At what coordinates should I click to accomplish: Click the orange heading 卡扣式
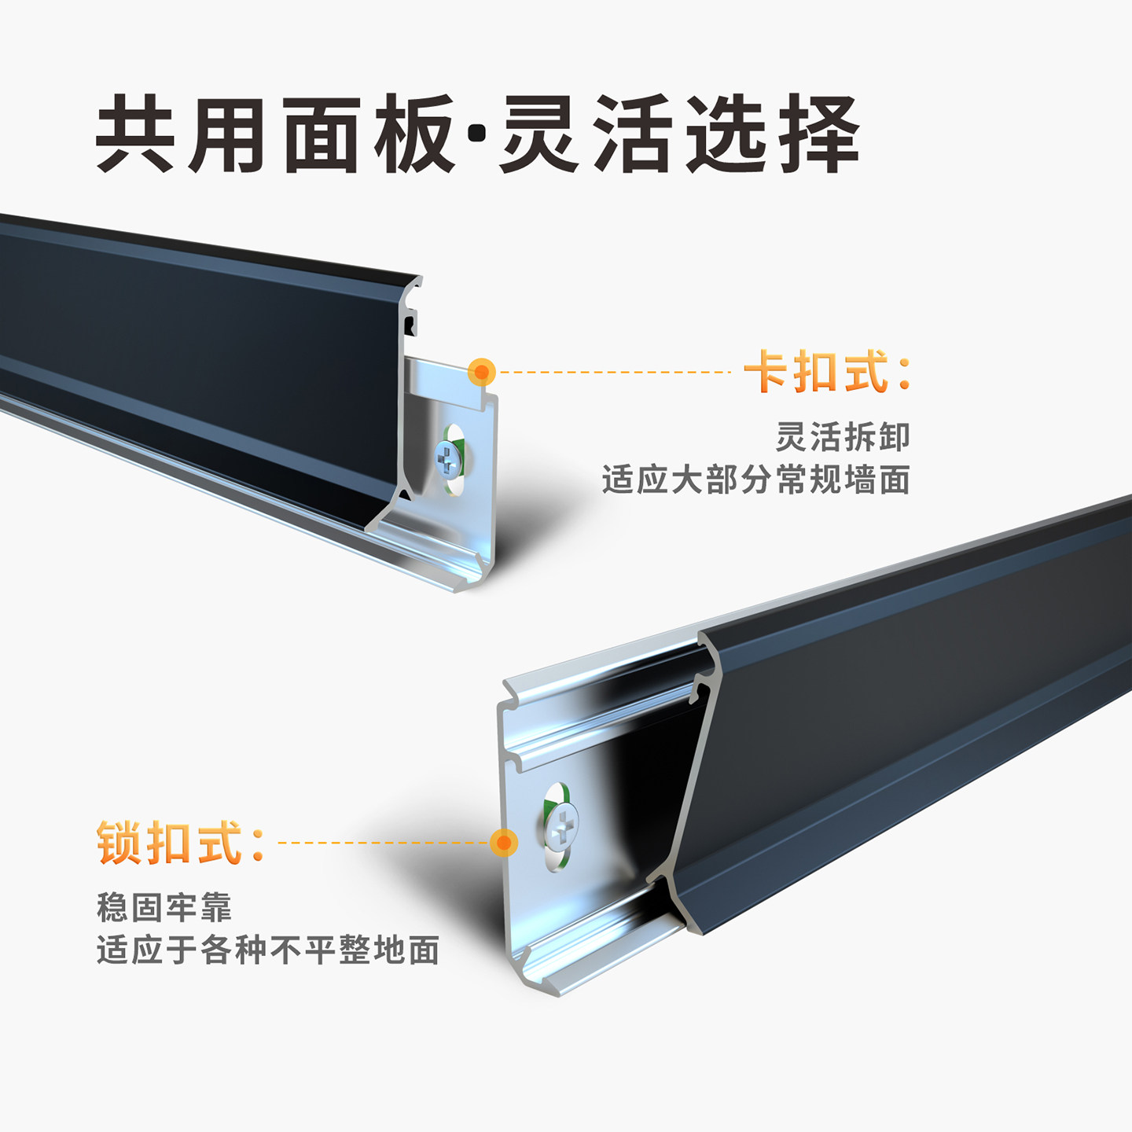click(828, 371)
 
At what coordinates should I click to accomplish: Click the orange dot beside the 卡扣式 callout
click(482, 371)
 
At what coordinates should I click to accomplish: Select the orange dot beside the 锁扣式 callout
click(503, 843)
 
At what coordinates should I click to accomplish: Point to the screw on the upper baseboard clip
click(447, 458)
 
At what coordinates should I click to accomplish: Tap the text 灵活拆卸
click(843, 437)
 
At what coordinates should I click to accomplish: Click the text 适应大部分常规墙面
click(756, 480)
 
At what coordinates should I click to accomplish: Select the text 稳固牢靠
click(164, 907)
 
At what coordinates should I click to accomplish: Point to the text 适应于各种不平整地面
click(268, 950)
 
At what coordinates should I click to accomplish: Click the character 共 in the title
click(135, 134)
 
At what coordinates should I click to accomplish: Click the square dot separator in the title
click(476, 134)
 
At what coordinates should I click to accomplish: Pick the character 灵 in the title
click(540, 134)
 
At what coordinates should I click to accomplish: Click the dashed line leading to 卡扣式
click(613, 371)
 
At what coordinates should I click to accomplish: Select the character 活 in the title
click(633, 134)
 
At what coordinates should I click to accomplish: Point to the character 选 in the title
click(726, 134)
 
